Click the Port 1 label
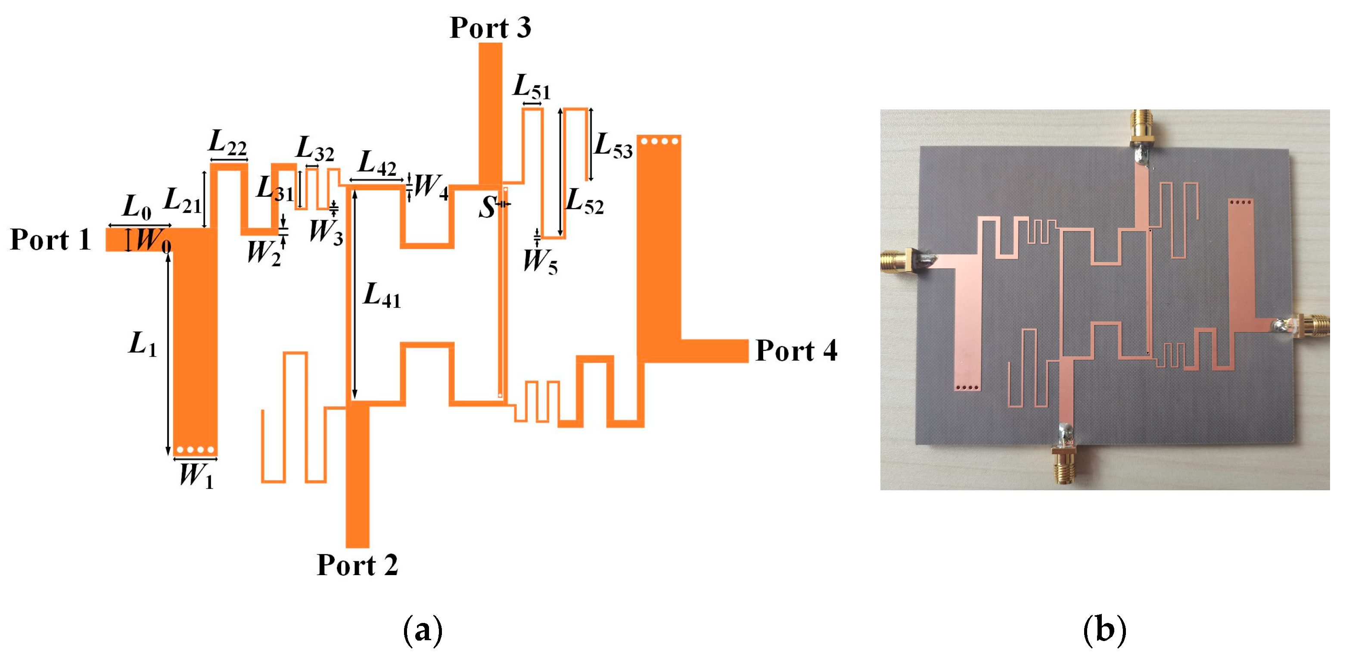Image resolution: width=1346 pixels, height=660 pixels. point(50,240)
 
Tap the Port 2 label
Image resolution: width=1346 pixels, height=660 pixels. point(357,565)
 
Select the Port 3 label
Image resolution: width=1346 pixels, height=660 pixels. point(490,27)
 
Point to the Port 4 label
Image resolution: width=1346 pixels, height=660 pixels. point(796,350)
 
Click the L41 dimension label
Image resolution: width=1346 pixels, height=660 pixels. point(382,295)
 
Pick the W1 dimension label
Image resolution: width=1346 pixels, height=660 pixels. point(196,476)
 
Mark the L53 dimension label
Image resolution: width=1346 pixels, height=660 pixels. point(613,145)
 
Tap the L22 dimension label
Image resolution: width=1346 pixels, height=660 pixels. point(227,142)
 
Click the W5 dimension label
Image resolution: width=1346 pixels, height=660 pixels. point(540,261)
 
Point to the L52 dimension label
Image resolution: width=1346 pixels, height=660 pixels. point(584,201)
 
